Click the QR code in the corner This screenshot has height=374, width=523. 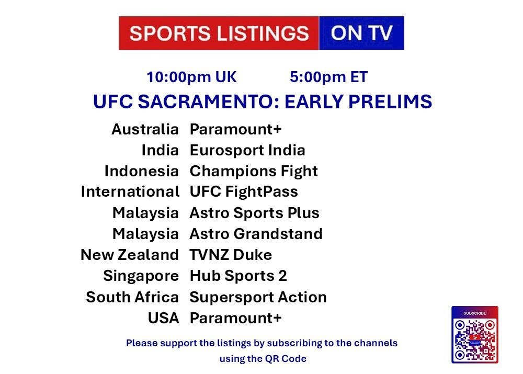(x=475, y=339)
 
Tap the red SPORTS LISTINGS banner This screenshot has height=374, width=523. (x=219, y=33)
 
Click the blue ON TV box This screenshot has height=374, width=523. (x=361, y=33)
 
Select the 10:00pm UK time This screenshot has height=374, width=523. (x=191, y=77)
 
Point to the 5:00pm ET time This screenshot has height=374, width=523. (x=328, y=77)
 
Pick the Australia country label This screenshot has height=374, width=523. (x=145, y=129)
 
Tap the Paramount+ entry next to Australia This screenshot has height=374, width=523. (x=236, y=129)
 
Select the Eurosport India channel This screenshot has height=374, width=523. (x=247, y=150)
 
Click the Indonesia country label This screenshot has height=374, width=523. (x=141, y=171)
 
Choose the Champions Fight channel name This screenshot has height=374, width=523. (x=254, y=172)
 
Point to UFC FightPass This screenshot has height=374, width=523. (x=244, y=192)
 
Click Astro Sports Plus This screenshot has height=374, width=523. (x=255, y=213)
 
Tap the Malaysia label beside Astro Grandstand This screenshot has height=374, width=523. (x=146, y=234)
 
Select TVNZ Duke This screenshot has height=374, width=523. (x=231, y=255)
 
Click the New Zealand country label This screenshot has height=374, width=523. (x=130, y=255)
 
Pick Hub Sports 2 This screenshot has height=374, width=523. (x=238, y=276)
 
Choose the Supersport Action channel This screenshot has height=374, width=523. (x=258, y=297)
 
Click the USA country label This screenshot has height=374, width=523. (x=163, y=318)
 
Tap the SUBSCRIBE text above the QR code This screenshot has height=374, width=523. (x=475, y=313)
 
